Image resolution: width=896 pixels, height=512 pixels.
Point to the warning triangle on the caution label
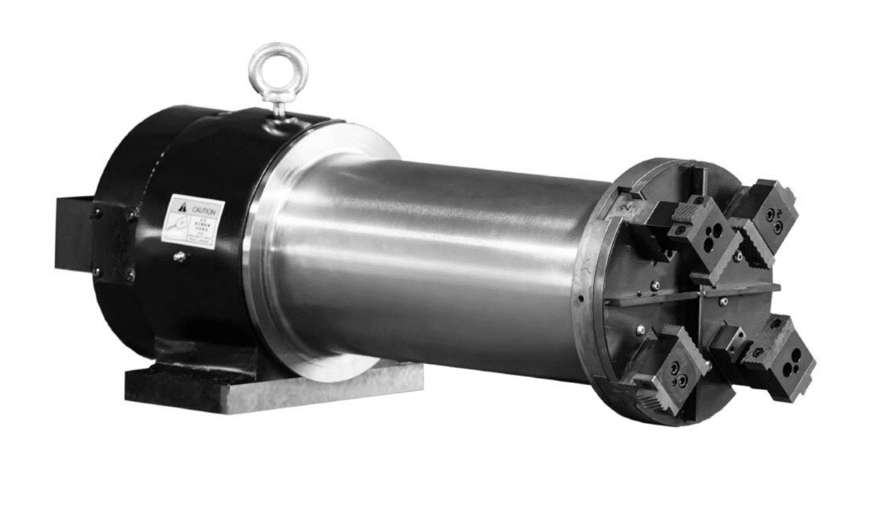183,207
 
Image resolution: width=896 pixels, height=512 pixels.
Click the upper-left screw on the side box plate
97,209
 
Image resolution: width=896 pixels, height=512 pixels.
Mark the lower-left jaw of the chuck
670,367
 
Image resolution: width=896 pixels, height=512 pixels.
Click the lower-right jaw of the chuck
776,353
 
